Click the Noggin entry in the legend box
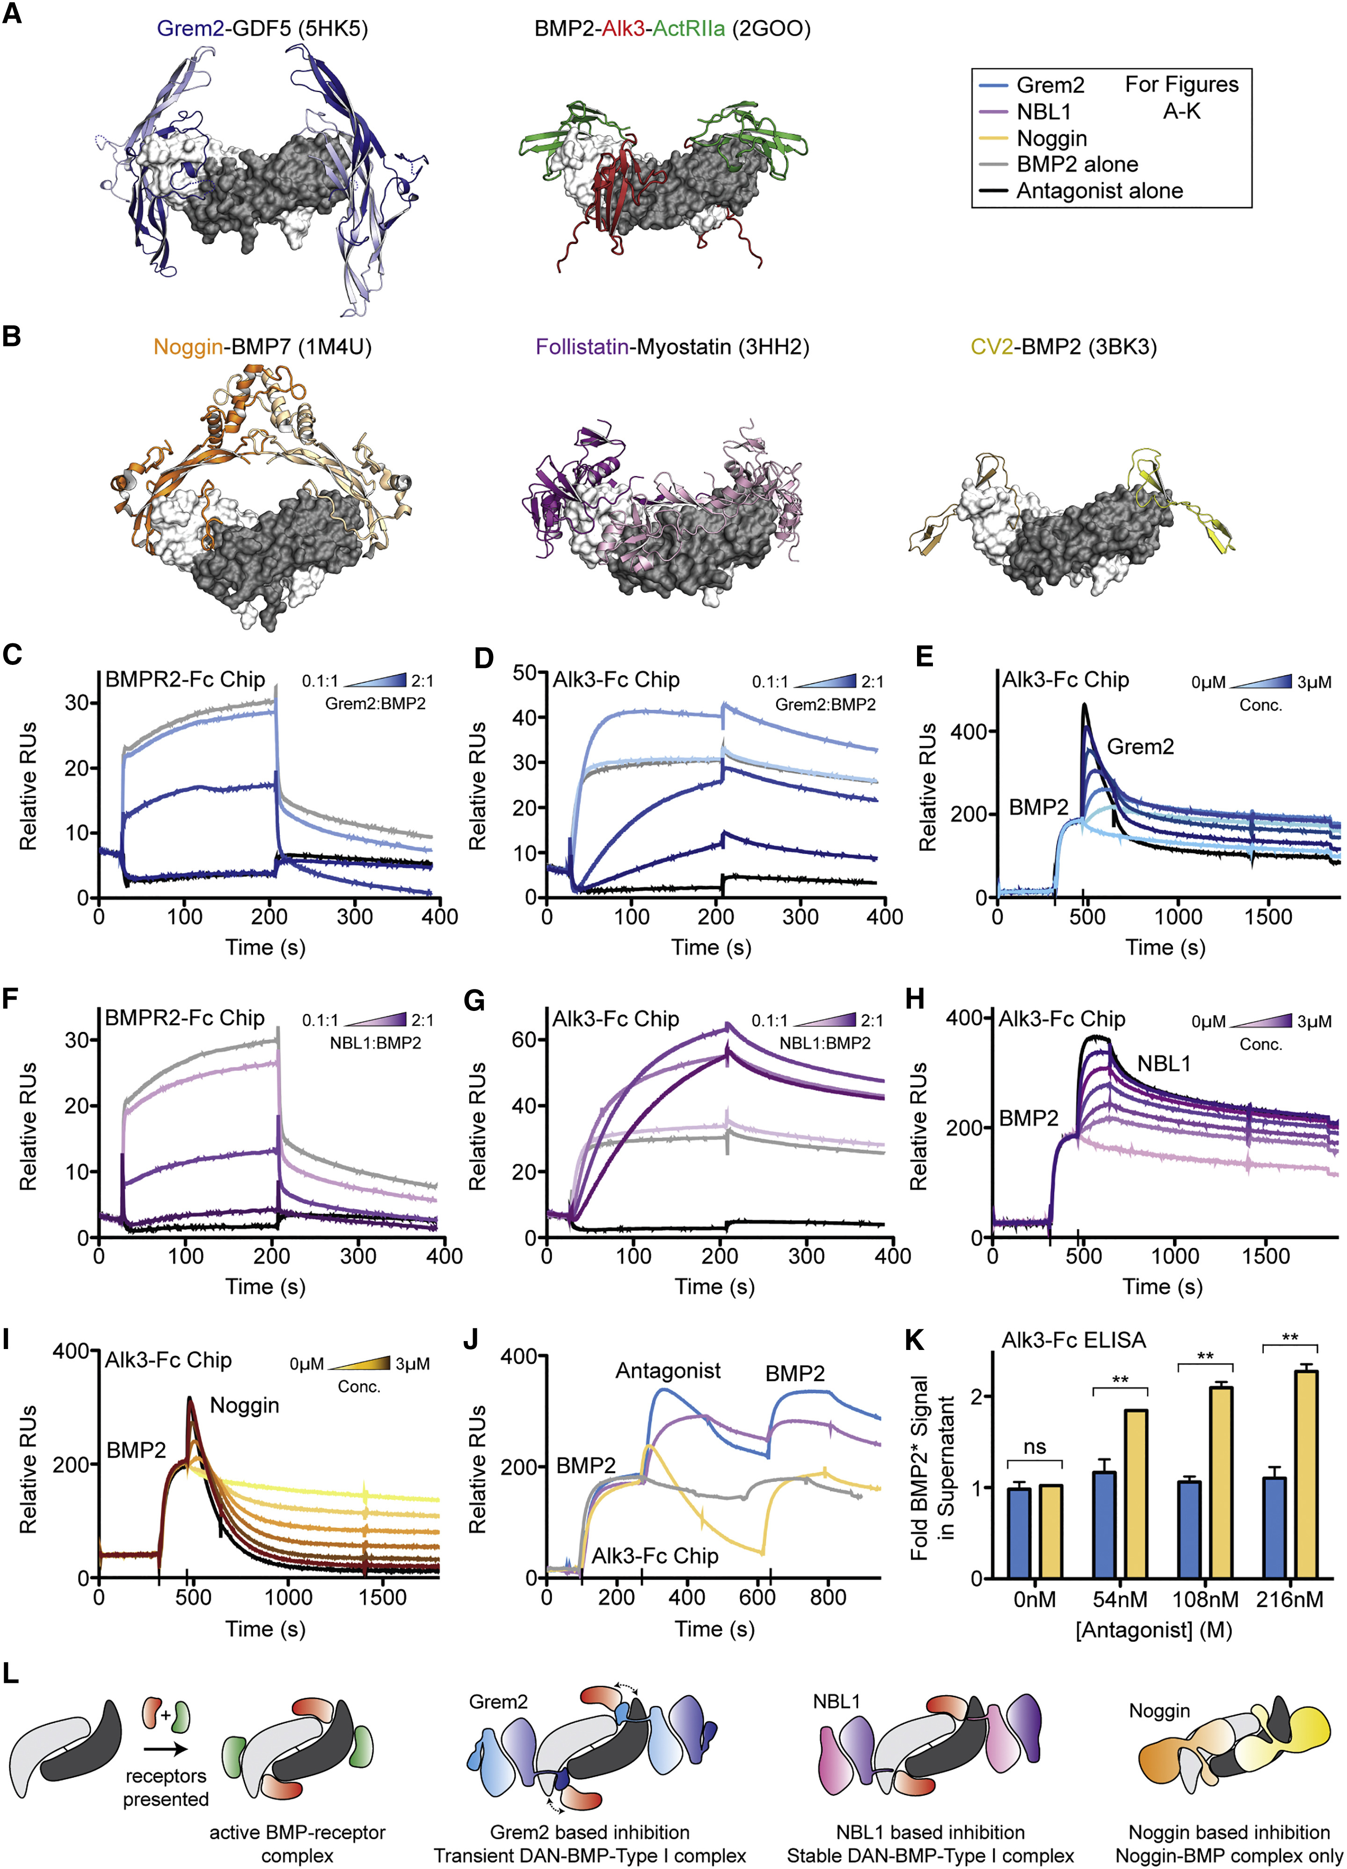pyautogui.click(x=1051, y=138)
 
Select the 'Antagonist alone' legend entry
pyautogui.click(x=1099, y=191)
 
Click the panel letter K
pyautogui.click(x=913, y=1341)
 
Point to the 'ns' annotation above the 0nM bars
pyautogui.click(x=1034, y=1447)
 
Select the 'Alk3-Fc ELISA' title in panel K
pyautogui.click(x=1073, y=1341)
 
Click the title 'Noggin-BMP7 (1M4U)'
pyautogui.click(x=262, y=347)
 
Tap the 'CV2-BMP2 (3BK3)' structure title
pyautogui.click(x=1063, y=347)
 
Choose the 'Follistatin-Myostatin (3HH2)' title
pyautogui.click(x=672, y=347)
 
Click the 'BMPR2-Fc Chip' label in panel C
pyautogui.click(x=185, y=680)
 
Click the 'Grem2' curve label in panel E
pyautogui.click(x=1140, y=747)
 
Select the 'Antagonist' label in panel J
pyautogui.click(x=668, y=1371)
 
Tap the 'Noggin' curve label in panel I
pyautogui.click(x=244, y=1405)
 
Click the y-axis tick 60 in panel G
pyautogui.click(x=524, y=1040)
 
